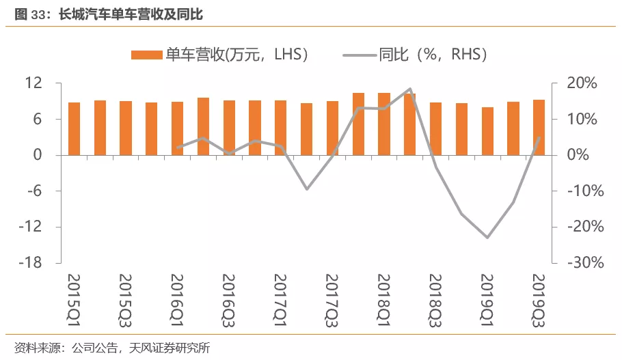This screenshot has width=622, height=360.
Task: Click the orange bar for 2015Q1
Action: (75, 128)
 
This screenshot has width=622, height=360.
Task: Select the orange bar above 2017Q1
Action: (281, 128)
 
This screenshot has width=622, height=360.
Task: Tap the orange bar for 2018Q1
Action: (384, 124)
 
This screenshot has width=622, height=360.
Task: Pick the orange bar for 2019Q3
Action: (539, 128)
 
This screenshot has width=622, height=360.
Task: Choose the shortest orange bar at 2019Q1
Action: (487, 131)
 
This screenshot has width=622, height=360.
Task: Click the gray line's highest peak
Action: (409, 89)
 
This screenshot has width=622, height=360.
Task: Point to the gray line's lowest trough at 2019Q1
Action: (487, 238)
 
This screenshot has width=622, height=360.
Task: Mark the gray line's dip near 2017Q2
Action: (306, 189)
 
